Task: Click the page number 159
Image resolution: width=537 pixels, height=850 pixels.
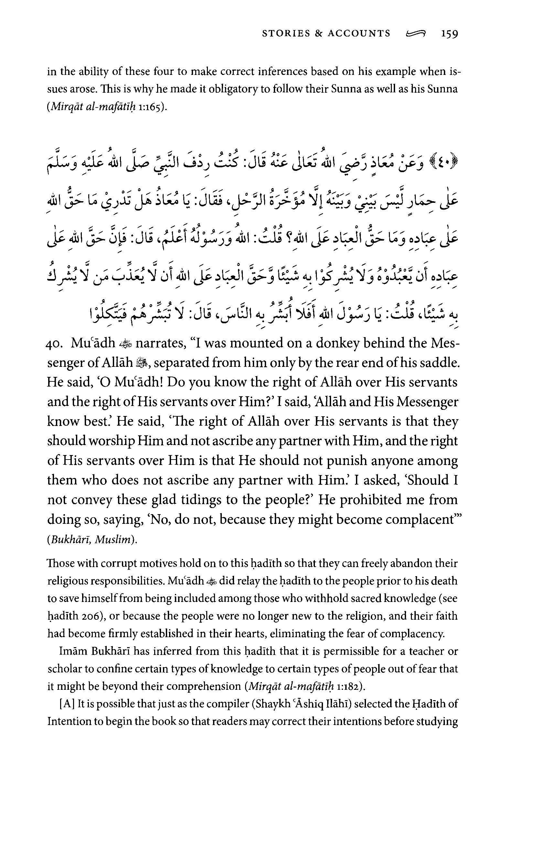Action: coord(449,34)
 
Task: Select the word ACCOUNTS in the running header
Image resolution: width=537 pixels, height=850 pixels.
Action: coord(359,34)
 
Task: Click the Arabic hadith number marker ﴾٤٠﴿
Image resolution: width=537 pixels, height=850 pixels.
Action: coord(449,163)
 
